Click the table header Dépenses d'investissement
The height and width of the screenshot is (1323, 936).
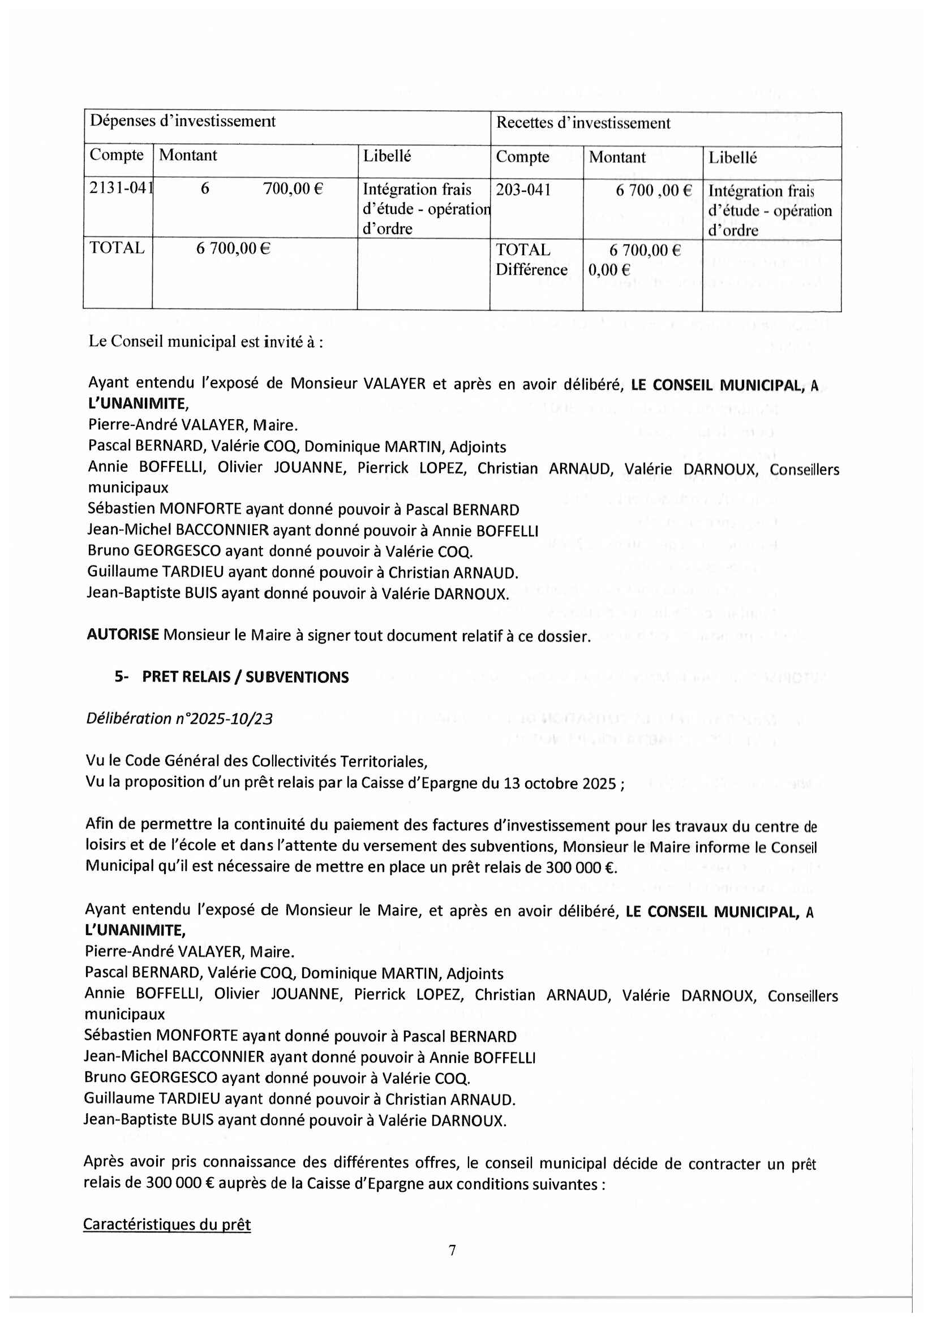[183, 121]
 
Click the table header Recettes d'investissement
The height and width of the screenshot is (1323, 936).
[583, 123]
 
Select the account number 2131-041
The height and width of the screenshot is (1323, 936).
[121, 188]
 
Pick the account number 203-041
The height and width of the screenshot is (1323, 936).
[523, 189]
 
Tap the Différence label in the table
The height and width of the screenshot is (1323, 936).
[531, 270]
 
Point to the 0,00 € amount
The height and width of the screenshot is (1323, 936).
[609, 270]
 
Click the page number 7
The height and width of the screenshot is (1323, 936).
[453, 1250]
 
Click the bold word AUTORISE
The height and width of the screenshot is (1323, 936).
[123, 635]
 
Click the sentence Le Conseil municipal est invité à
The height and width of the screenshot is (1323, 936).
[205, 342]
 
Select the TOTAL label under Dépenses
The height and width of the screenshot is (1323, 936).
[117, 248]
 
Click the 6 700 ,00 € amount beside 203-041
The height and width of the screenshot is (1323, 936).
[654, 190]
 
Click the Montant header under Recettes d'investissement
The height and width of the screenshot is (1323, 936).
[617, 157]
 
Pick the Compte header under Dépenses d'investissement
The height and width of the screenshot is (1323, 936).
[117, 155]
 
